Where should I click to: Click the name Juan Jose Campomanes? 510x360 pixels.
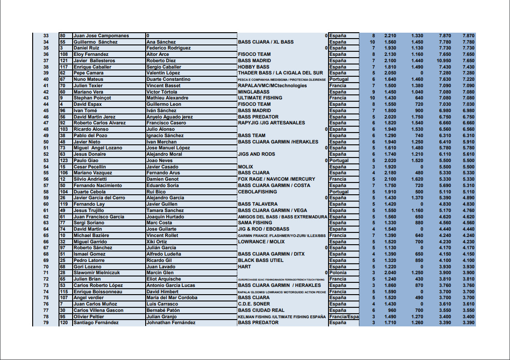tap(101, 36)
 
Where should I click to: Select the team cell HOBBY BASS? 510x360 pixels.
tap(254, 67)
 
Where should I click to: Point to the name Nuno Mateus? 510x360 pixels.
tap(88, 79)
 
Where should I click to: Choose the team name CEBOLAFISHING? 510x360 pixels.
tap(257, 192)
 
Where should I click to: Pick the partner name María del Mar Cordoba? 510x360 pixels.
tap(172, 298)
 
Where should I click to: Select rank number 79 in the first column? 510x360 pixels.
tap(46, 323)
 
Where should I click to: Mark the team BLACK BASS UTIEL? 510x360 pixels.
tap(261, 261)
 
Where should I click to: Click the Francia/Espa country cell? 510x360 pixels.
tap(343, 317)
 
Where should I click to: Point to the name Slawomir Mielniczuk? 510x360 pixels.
tap(97, 273)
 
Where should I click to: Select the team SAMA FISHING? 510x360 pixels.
tap(255, 223)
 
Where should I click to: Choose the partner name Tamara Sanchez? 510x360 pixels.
tap(165, 211)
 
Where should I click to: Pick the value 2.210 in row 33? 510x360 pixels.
tap(390, 36)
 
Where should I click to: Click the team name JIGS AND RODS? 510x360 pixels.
tap(256, 154)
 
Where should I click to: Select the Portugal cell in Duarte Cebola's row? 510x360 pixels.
tap(339, 192)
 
